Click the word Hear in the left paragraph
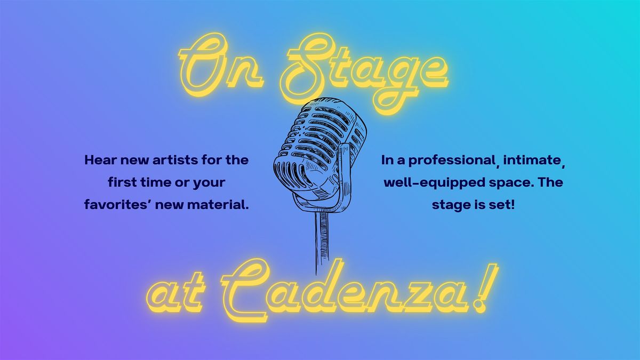[x=98, y=160]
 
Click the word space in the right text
[x=506, y=183]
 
